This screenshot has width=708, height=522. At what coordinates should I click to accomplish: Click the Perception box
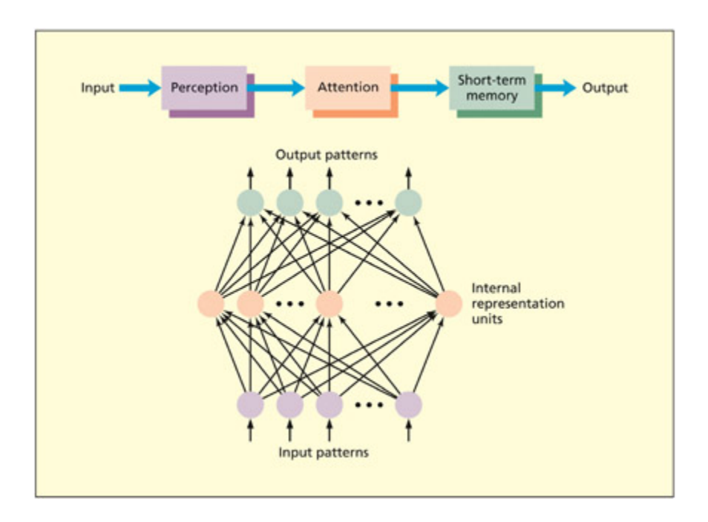pyautogui.click(x=204, y=88)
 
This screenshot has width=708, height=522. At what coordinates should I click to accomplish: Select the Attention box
pyautogui.click(x=347, y=88)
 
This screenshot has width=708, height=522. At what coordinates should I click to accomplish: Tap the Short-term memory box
pyautogui.click(x=491, y=88)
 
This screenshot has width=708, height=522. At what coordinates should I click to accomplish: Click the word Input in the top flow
pyautogui.click(x=98, y=88)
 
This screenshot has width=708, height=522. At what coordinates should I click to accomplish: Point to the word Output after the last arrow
pyautogui.click(x=605, y=88)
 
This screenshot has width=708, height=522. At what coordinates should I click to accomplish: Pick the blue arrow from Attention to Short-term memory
pyautogui.click(x=420, y=88)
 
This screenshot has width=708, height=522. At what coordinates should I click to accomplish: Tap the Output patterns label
pyautogui.click(x=327, y=155)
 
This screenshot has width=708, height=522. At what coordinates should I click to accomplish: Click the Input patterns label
pyautogui.click(x=324, y=451)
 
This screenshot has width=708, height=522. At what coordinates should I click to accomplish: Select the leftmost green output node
pyautogui.click(x=250, y=201)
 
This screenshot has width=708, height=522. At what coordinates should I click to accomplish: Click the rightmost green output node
pyautogui.click(x=408, y=201)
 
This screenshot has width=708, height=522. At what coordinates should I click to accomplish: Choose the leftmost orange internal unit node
pyautogui.click(x=211, y=303)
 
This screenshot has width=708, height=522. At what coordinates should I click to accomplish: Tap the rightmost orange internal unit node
pyautogui.click(x=448, y=303)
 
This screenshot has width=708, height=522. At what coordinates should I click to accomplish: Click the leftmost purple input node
pyautogui.click(x=250, y=405)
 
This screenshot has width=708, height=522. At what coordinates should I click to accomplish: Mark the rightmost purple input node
pyautogui.click(x=408, y=405)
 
